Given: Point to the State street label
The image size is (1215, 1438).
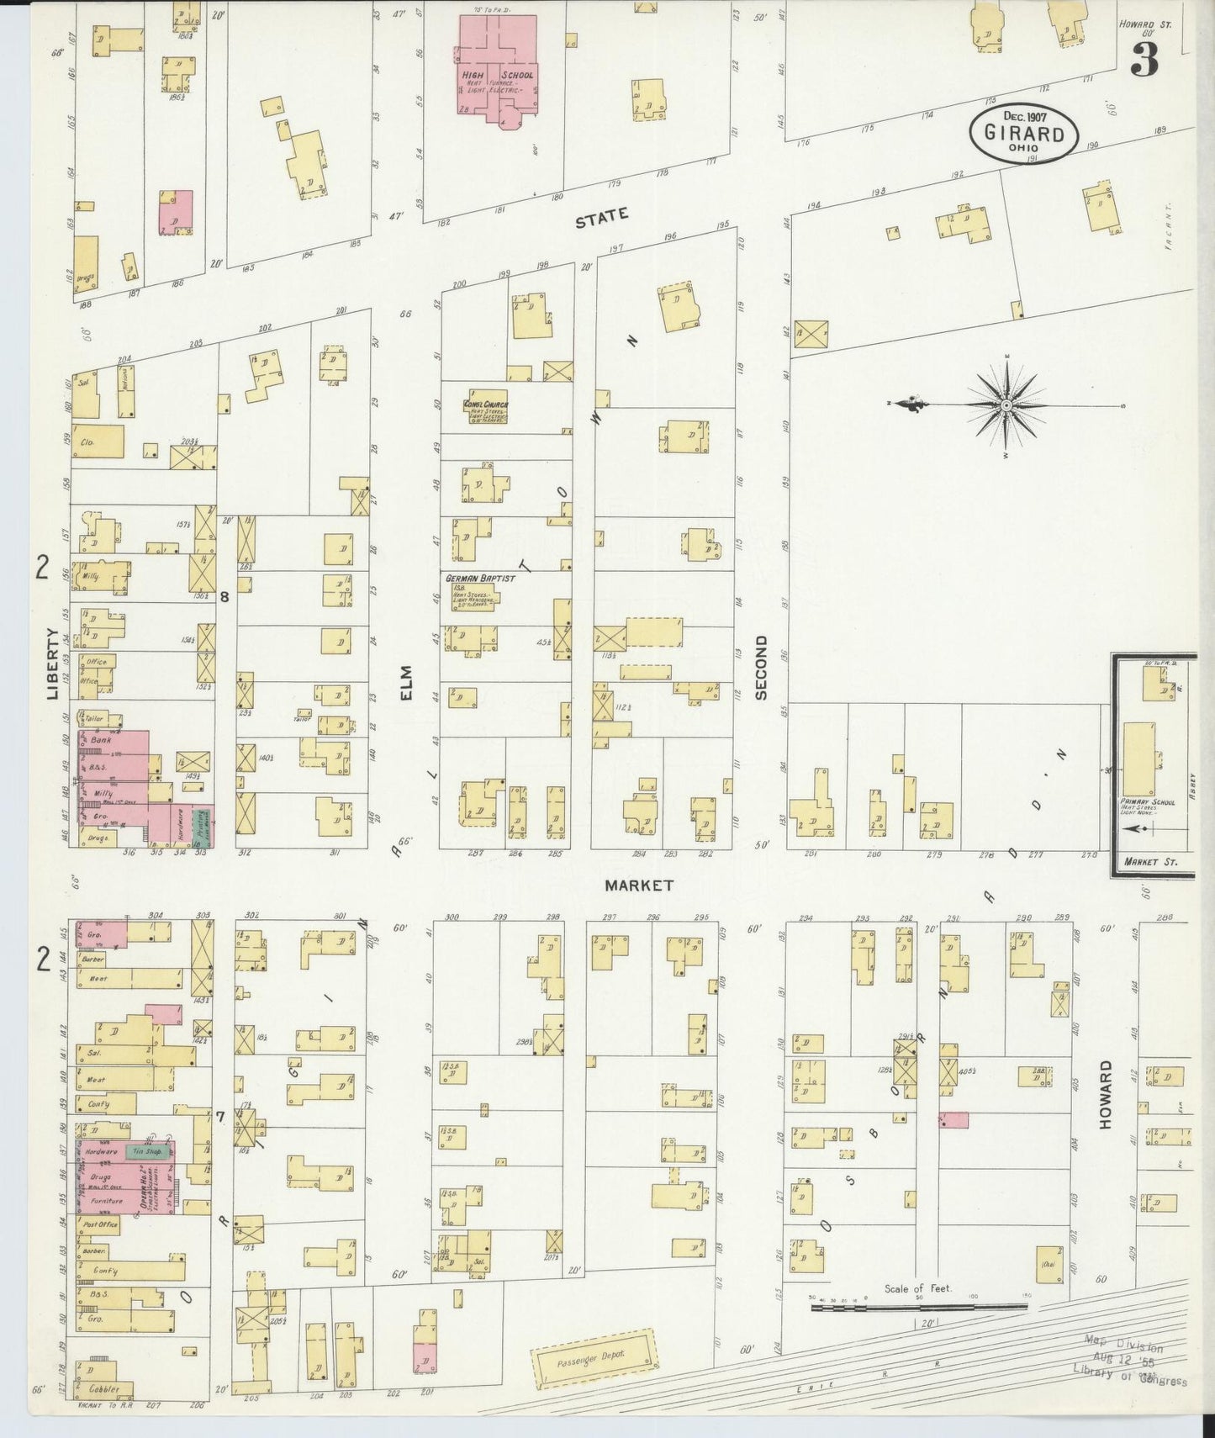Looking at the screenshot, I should coord(601,219).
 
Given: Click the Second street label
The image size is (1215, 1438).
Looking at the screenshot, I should coord(761,667).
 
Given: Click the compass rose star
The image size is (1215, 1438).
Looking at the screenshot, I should coord(1006,406).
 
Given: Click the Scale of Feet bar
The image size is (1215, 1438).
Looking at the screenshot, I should coord(917,1308).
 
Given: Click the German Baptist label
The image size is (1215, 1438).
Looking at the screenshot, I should coord(481,579).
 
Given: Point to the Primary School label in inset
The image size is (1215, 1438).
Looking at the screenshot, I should coord(1147,802).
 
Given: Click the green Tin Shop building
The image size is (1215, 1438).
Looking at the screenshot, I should coord(145,1151).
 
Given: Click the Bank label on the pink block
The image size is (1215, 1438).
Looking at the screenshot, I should coord(101,739).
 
